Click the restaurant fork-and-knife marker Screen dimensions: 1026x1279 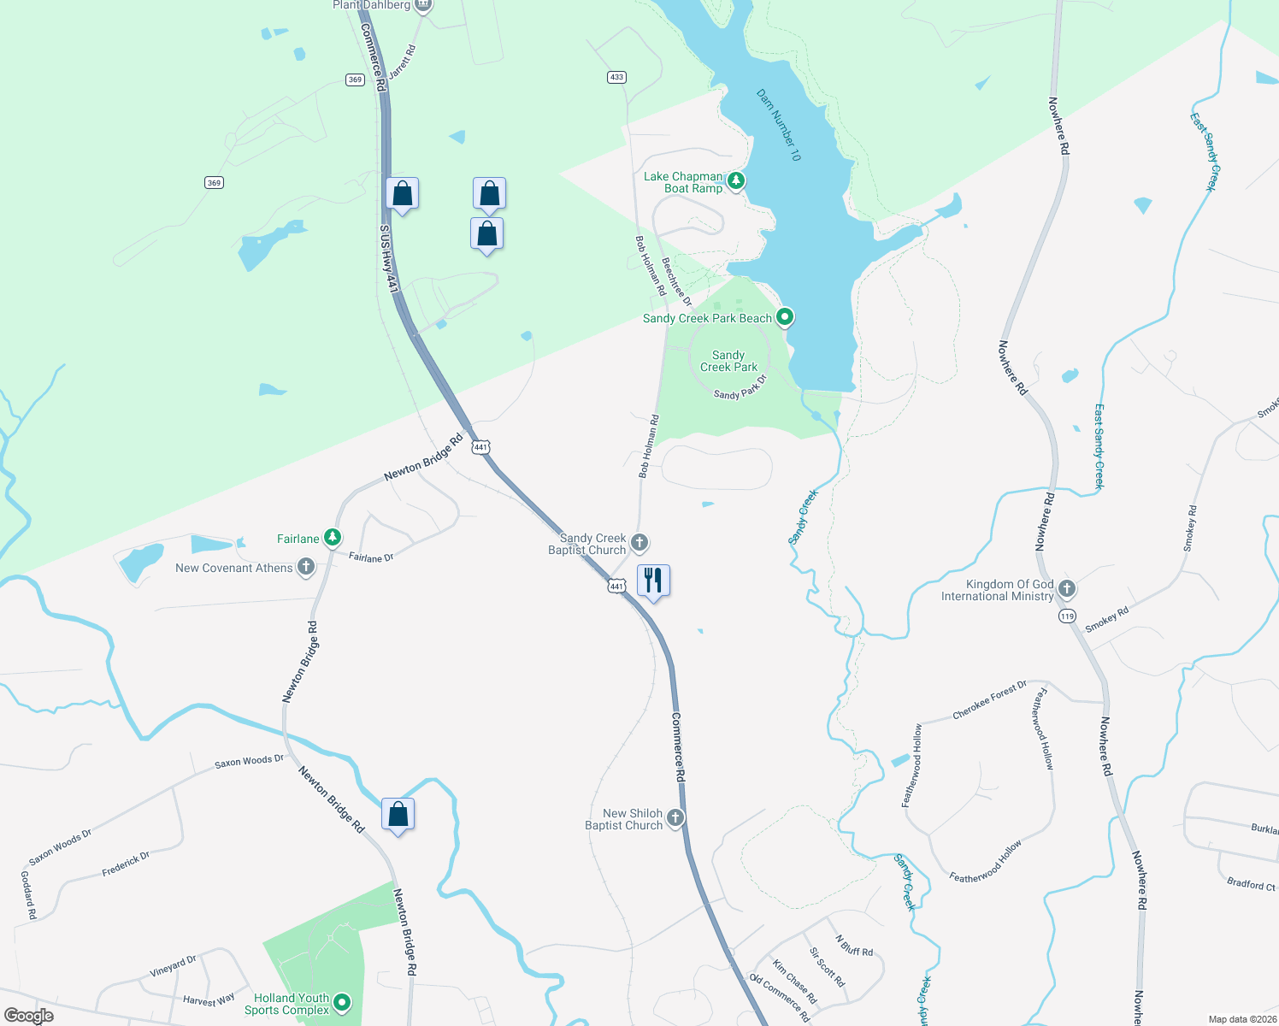click(x=653, y=581)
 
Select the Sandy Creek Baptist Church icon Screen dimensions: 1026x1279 click(x=639, y=543)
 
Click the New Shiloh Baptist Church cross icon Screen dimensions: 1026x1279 click(x=675, y=818)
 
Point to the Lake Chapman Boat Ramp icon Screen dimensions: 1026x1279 click(x=735, y=180)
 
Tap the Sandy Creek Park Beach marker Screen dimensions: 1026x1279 click(x=785, y=317)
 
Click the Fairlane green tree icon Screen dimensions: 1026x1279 click(x=333, y=538)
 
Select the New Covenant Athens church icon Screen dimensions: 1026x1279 click(x=306, y=567)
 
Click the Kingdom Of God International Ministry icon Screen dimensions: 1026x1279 click(x=1066, y=588)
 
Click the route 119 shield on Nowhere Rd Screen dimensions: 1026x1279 click(x=1066, y=616)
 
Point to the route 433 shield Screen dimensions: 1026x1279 click(x=616, y=77)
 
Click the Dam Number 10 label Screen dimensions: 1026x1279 click(x=779, y=125)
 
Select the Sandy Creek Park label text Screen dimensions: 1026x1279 click(x=728, y=361)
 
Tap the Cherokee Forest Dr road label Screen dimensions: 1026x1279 click(x=989, y=700)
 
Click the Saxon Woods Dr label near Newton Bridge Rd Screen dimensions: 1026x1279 click(x=249, y=761)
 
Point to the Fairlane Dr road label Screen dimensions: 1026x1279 click(x=371, y=557)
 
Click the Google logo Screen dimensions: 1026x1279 click(x=29, y=1015)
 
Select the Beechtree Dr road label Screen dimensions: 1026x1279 click(x=676, y=281)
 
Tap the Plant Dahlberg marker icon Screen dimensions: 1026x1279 click(x=422, y=5)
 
